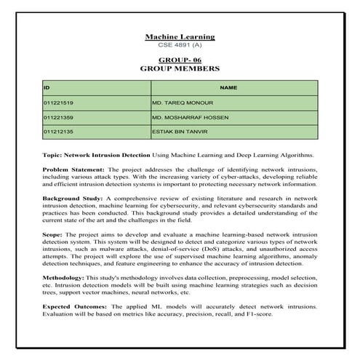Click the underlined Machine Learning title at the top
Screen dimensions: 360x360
coord(180,36)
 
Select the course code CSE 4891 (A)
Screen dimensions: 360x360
coord(180,45)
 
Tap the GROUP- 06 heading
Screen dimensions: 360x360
coord(180,60)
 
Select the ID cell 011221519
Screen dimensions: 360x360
coord(59,103)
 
